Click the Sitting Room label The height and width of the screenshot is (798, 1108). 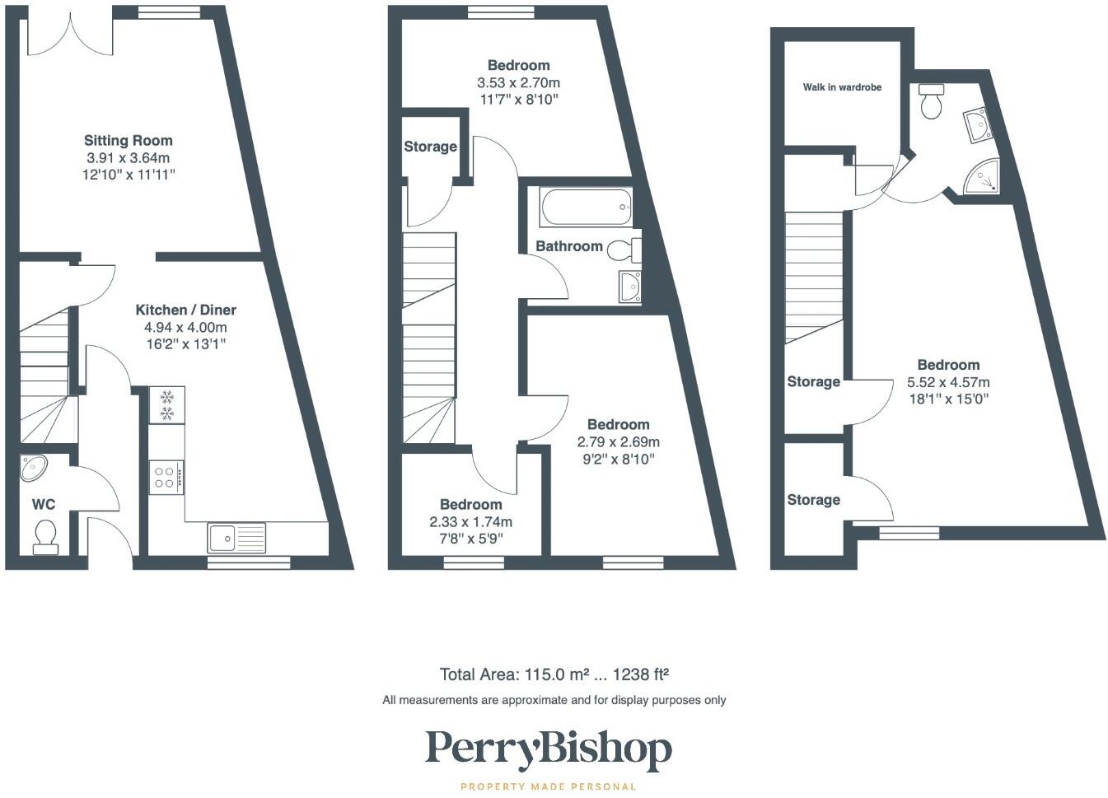tap(128, 140)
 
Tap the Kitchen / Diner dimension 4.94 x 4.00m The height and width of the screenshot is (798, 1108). tap(185, 327)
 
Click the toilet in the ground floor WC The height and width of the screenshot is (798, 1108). tap(45, 535)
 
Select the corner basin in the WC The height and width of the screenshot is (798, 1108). tap(34, 468)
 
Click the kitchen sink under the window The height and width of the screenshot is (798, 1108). tap(236, 538)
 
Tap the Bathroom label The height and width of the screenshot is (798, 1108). tap(568, 246)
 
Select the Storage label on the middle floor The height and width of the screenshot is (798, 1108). tap(430, 147)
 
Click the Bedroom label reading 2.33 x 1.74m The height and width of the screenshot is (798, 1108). tap(470, 504)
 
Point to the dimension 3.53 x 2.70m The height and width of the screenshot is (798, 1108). tap(518, 82)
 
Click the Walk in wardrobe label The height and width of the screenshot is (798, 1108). tap(842, 87)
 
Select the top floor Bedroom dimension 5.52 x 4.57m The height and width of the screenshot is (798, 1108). tap(948, 382)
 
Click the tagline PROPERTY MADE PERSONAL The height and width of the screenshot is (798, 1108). tap(548, 786)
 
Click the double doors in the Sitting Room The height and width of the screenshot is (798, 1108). tap(70, 37)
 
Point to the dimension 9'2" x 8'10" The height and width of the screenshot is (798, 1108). tap(618, 460)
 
